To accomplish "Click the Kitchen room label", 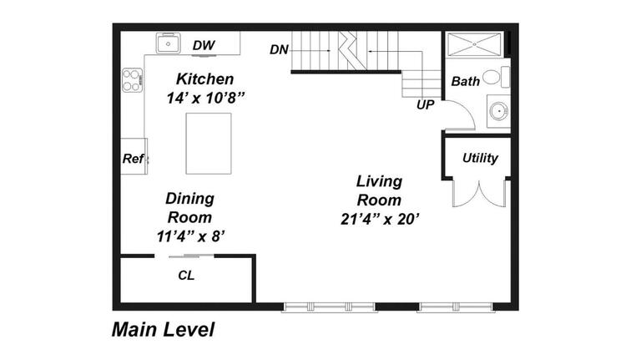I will click(204, 79).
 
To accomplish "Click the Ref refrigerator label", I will click(133, 159).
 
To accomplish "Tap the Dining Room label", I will click(189, 207).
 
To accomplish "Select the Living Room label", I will click(379, 190).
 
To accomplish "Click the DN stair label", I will click(279, 50).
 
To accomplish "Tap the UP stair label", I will click(425, 105).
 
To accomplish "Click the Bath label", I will click(465, 82).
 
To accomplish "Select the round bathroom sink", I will click(498, 109).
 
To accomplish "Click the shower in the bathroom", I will click(473, 43).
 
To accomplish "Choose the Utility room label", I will click(480, 158).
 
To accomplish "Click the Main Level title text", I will click(163, 330).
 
